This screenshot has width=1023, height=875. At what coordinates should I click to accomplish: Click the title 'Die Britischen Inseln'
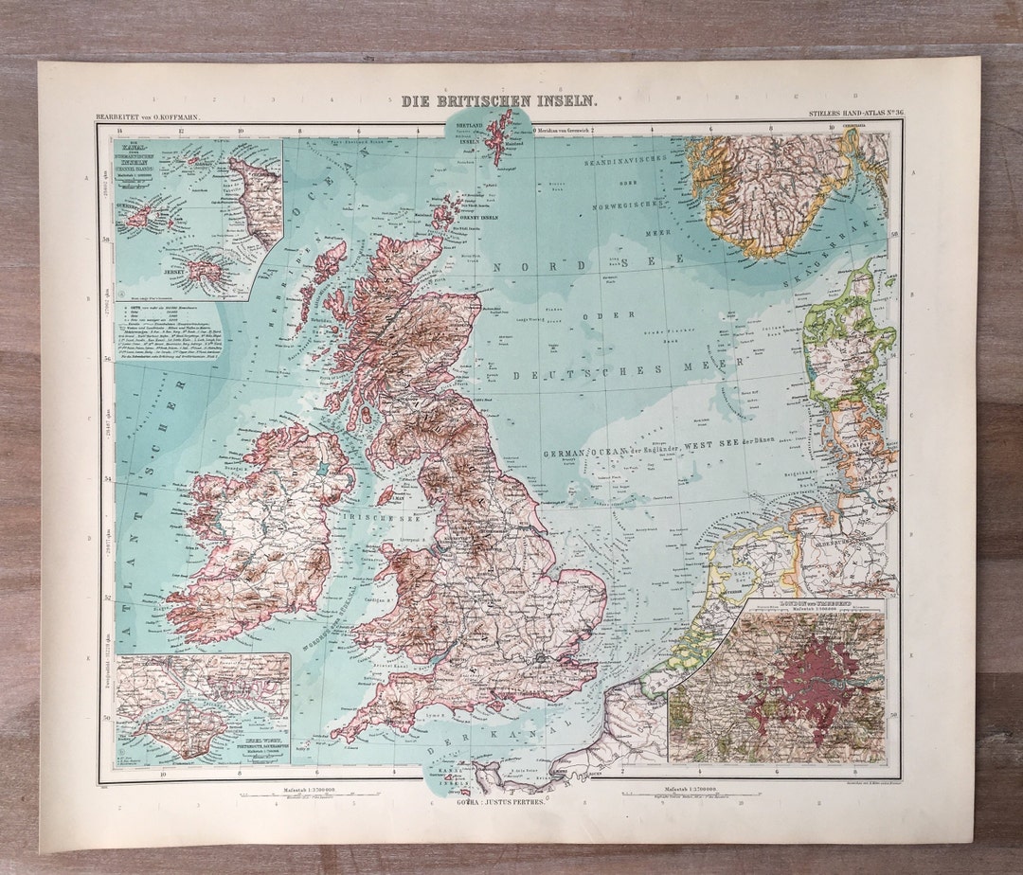(x=498, y=100)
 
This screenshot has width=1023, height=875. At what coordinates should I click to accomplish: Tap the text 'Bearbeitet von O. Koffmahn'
(x=147, y=117)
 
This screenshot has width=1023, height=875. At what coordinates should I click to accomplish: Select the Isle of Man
(x=386, y=494)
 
